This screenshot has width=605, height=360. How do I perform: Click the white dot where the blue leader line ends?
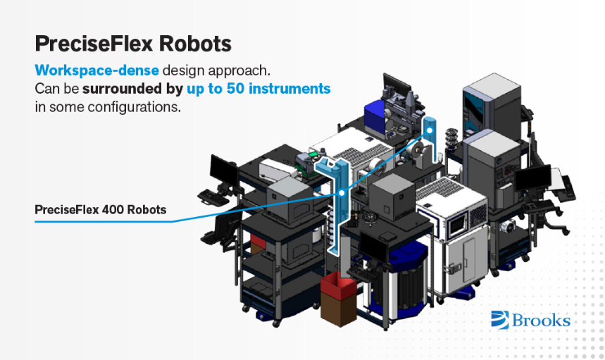click(430, 130)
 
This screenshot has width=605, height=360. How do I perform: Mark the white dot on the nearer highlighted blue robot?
click(342, 192)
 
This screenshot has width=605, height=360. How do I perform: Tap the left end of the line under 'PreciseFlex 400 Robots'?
click(35, 221)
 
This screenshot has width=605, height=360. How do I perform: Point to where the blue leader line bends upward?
click(173, 221)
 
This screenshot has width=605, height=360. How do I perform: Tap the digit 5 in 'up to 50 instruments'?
click(231, 89)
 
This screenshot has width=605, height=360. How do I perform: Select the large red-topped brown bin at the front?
click(339, 299)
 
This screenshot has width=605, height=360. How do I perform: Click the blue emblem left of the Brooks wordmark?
click(500, 320)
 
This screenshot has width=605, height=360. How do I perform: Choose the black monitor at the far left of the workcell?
click(224, 171)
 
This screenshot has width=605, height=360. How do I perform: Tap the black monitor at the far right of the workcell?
click(533, 179)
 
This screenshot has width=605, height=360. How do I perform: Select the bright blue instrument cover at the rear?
click(375, 113)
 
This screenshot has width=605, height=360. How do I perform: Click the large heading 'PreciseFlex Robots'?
click(133, 44)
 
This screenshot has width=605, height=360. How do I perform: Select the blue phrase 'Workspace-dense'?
click(97, 70)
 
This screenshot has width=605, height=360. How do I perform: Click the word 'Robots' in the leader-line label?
click(146, 210)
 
